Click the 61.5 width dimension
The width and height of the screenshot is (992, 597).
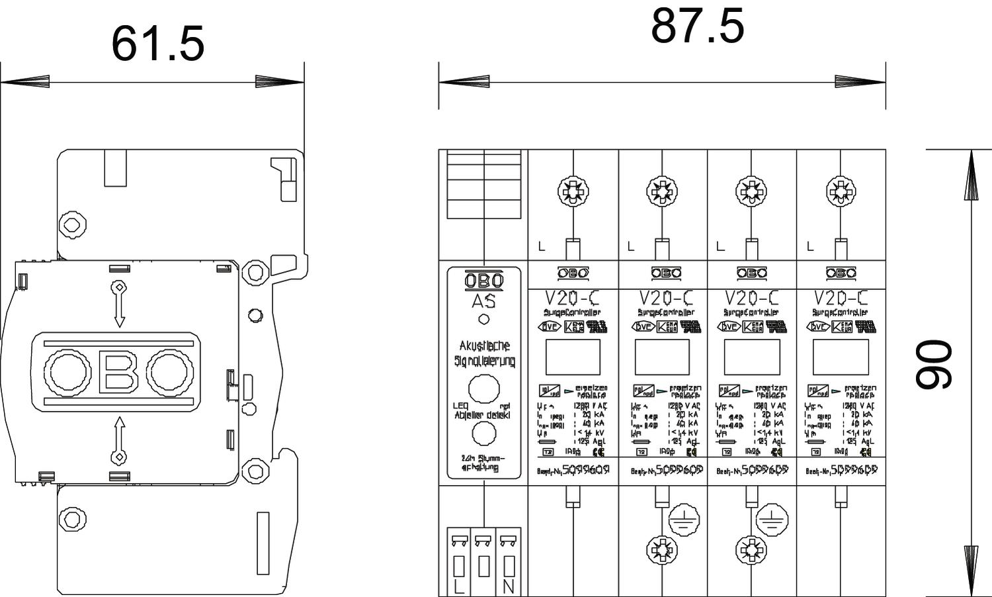point(157,44)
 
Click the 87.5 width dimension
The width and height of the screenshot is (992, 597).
point(697,26)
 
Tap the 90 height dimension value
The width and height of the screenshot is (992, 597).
point(933,364)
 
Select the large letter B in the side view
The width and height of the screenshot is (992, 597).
point(118,371)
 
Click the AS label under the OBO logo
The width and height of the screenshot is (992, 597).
point(483,301)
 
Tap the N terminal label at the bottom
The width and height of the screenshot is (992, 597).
point(509,586)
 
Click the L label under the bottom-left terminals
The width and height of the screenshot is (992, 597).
point(459,586)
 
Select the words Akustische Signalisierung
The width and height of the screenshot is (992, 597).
point(484,353)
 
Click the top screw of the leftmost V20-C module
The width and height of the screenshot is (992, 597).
point(573,192)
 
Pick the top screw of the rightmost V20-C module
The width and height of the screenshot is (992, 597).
point(841,192)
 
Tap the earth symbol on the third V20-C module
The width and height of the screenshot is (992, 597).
point(769,521)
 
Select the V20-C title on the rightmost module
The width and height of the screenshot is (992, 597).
point(841,298)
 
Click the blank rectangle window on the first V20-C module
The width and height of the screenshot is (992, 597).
point(573,357)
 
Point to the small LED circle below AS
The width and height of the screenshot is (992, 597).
point(484,319)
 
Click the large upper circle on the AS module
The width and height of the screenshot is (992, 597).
point(484,389)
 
